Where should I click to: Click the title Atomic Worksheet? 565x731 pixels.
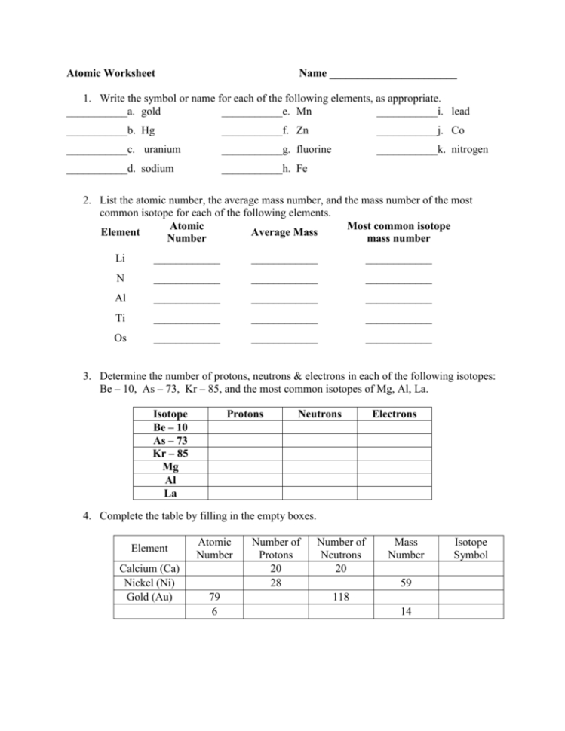pyautogui.click(x=111, y=73)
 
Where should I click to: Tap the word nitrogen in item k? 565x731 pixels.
pyautogui.click(x=469, y=149)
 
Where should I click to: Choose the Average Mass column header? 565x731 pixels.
pyautogui.click(x=284, y=232)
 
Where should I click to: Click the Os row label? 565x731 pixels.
pyautogui.click(x=120, y=338)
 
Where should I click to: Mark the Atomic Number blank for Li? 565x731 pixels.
pyautogui.click(x=186, y=262)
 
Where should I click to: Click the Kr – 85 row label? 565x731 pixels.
pyautogui.click(x=170, y=454)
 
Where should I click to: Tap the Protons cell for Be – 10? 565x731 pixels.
pyautogui.click(x=244, y=427)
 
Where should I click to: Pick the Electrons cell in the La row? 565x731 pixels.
pyautogui.click(x=394, y=493)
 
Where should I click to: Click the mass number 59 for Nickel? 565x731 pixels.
pyautogui.click(x=406, y=583)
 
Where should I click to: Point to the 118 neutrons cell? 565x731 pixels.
pyautogui.click(x=341, y=597)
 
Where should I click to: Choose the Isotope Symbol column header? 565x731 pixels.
pyautogui.click(x=471, y=548)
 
